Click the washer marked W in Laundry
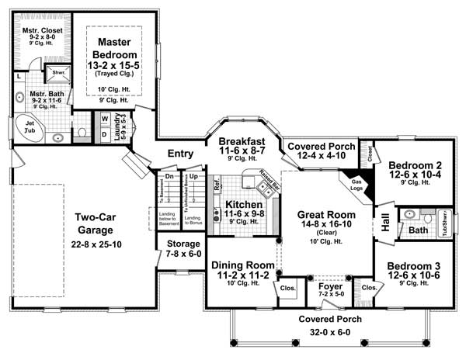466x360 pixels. [x=103, y=119]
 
